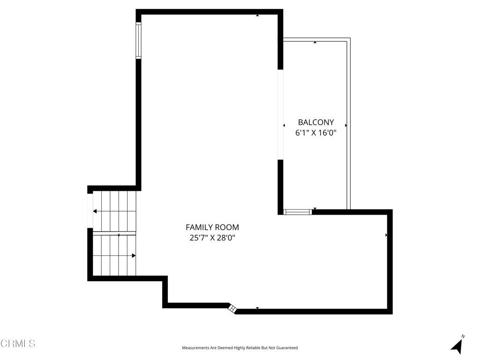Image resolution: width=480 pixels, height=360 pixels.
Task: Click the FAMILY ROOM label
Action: click(212, 227)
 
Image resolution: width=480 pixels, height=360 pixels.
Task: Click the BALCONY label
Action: click(316, 122)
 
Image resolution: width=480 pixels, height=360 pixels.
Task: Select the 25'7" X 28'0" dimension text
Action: click(212, 238)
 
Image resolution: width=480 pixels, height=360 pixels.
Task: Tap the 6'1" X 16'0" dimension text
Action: click(316, 133)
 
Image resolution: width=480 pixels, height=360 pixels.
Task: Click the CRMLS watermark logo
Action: click(18, 344)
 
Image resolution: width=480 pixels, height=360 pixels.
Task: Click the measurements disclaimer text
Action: click(240, 348)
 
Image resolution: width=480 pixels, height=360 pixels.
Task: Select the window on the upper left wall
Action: click(138, 40)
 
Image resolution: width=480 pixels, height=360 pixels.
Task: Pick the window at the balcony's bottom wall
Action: click(298, 212)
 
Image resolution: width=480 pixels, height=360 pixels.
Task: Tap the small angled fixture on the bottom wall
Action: click(232, 308)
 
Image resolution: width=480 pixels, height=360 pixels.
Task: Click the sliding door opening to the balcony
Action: click(281, 114)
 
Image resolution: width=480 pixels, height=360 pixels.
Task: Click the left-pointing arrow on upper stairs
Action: click(95, 211)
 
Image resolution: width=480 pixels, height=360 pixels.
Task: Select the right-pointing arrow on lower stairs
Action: click(134, 255)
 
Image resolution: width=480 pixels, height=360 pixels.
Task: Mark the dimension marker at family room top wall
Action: click(257, 16)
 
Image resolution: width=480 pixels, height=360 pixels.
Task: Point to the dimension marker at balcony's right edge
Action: click(346, 126)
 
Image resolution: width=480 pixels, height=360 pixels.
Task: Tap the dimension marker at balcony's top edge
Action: click(315, 43)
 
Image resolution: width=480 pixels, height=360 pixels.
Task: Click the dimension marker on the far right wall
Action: click(386, 235)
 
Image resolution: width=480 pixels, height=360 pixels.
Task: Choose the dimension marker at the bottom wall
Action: click(257, 308)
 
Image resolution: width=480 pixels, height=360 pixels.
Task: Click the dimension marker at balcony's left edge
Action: click(284, 126)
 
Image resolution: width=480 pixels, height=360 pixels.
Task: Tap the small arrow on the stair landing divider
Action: click(118, 235)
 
